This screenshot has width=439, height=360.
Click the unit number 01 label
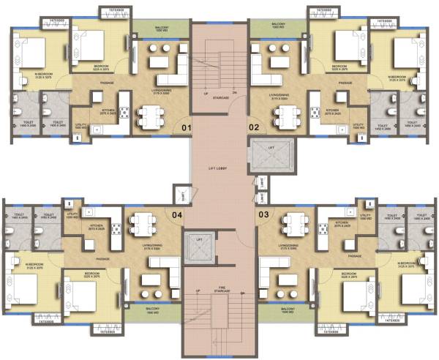(186, 129)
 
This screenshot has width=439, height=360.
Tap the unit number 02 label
(254, 129)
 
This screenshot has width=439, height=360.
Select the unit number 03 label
(263, 214)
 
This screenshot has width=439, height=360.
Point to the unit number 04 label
(177, 215)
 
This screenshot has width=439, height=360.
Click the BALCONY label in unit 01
(162, 29)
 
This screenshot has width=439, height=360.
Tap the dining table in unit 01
(149, 116)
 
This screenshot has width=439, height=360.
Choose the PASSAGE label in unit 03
(356, 255)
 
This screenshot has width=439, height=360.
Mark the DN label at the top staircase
(234, 94)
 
